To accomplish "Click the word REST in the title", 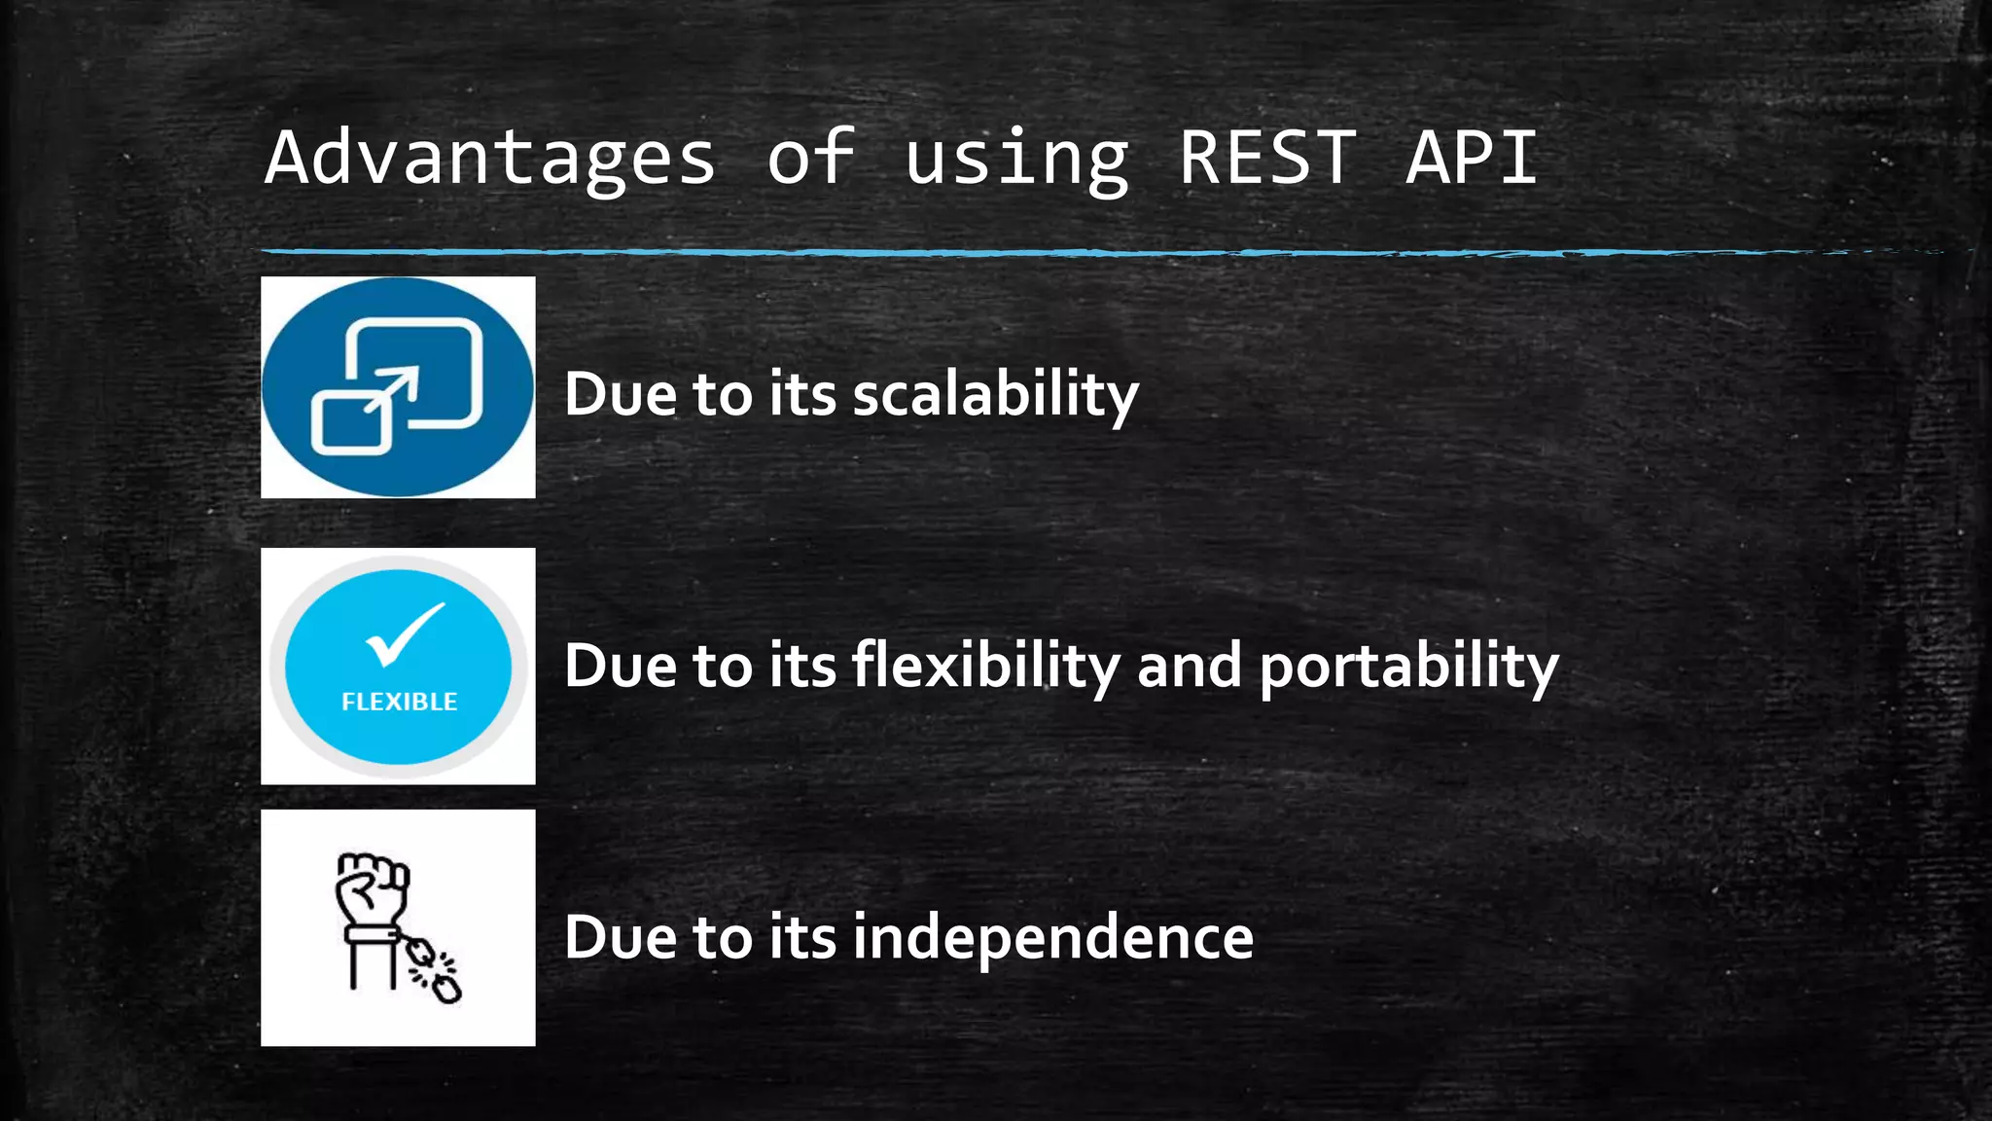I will click(1267, 158).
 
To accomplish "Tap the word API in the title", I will click(1472, 158).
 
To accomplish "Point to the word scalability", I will click(996, 395).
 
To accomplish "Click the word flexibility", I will click(986, 667).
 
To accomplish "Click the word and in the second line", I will click(1189, 667).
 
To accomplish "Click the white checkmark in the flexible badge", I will click(404, 633).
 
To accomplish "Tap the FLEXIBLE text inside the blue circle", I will click(399, 702).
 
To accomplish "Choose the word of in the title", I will click(810, 158).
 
